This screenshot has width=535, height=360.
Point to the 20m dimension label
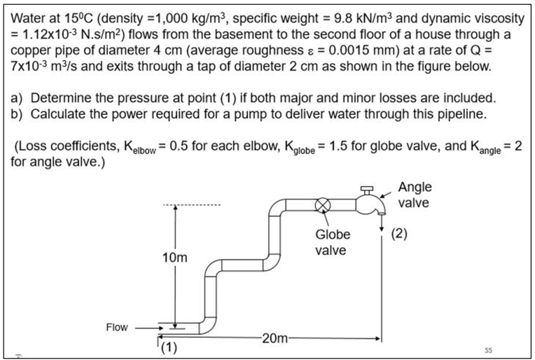[x=275, y=340]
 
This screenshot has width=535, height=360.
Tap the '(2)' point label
[x=398, y=233]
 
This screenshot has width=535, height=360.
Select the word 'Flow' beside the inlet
[x=117, y=327]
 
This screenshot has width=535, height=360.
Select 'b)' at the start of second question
[x=19, y=113]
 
